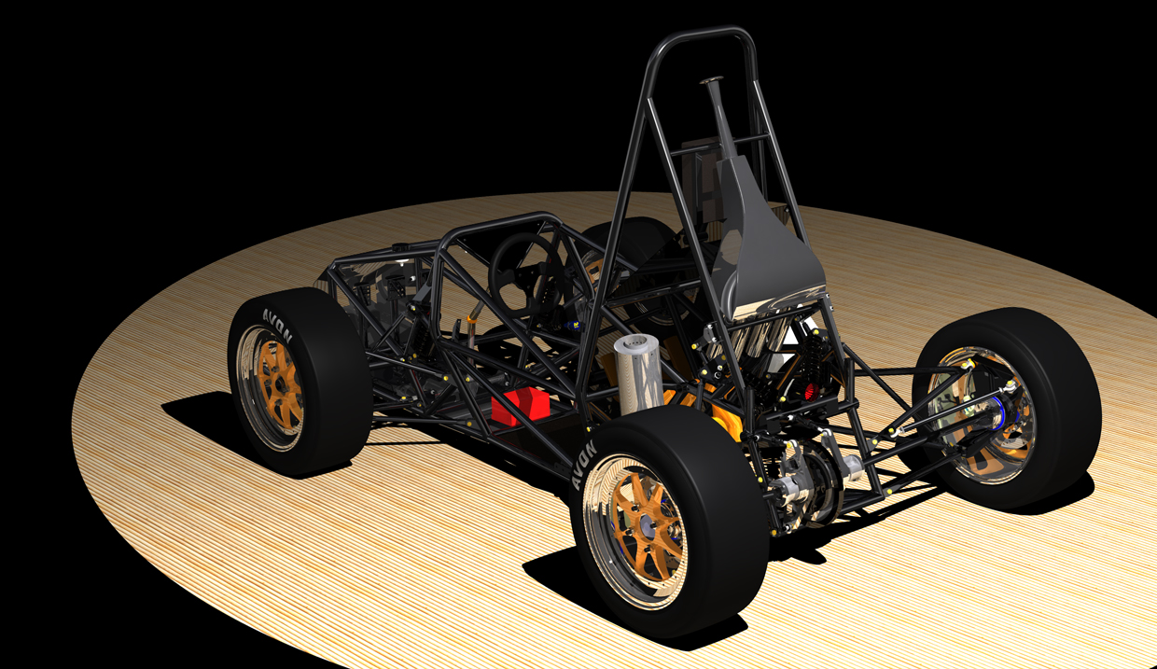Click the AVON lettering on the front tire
[x=277, y=324]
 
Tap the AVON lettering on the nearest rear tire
[x=584, y=465]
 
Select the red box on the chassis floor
[x=520, y=407]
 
